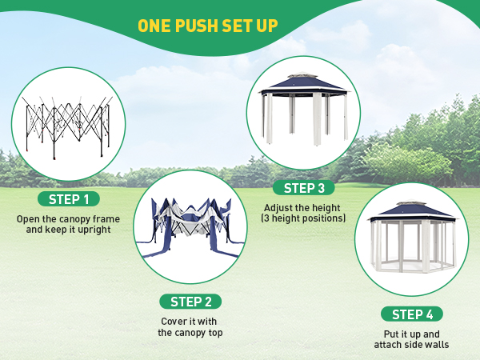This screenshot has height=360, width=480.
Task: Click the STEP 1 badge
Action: [69, 199]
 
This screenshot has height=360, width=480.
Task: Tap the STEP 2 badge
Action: [190, 302]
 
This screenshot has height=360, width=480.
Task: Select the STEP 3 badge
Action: [304, 188]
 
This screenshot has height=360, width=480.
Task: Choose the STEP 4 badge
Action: [412, 314]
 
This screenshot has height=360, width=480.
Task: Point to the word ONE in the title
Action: [154, 26]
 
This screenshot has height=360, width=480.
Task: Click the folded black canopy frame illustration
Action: [67, 126]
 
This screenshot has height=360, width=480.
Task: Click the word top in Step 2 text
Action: [215, 333]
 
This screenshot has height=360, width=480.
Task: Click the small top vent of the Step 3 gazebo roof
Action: [303, 74]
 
